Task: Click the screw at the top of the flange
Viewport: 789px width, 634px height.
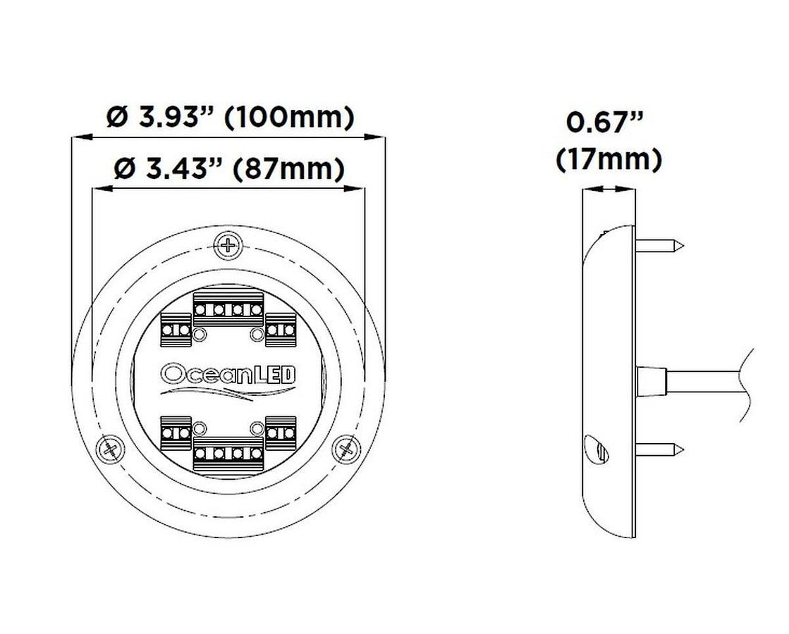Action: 228,245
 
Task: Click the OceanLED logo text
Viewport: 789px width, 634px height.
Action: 228,372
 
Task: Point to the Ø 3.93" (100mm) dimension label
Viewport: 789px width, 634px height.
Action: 230,117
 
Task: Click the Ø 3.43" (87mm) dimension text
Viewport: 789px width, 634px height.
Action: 230,169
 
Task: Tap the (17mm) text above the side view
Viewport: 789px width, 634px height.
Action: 608,159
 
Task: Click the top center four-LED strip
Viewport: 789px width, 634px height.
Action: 228,306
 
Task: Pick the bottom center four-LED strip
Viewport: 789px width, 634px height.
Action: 228,451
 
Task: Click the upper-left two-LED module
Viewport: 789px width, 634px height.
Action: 176,328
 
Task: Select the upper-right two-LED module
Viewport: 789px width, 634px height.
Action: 280,328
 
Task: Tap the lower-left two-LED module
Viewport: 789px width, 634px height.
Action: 176,430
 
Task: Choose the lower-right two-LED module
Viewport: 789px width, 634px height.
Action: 280,430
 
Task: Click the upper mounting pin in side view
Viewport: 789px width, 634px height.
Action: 660,246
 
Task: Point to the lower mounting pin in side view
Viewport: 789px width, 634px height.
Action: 660,448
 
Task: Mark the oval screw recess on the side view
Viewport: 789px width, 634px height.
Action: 597,448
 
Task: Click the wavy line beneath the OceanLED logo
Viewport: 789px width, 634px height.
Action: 228,392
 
